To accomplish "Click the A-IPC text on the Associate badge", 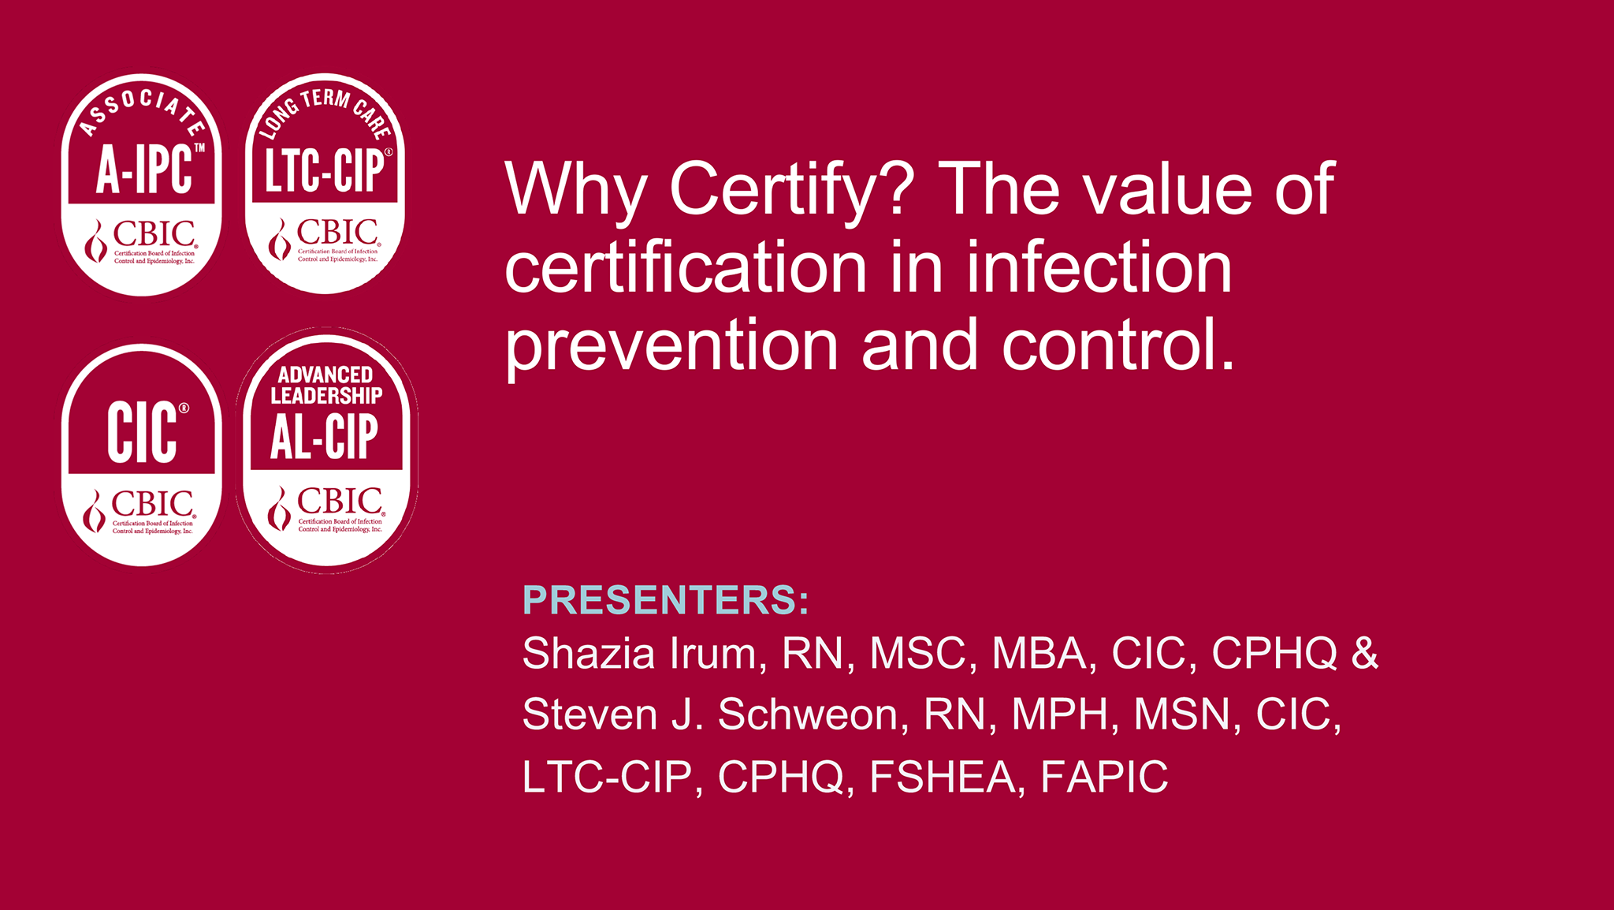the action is pyautogui.click(x=144, y=169).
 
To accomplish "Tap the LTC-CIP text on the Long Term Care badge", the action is pyautogui.click(x=324, y=170).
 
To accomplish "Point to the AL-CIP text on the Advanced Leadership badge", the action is pyautogui.click(x=325, y=437).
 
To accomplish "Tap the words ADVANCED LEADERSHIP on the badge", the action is pyautogui.click(x=326, y=385).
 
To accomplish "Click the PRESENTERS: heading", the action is pyautogui.click(x=666, y=600).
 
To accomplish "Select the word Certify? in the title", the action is pyautogui.click(x=792, y=193).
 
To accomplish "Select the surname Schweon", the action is pyautogui.click(x=808, y=714).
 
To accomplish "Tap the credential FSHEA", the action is pyautogui.click(x=943, y=778).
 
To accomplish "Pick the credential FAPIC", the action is pyautogui.click(x=1104, y=778).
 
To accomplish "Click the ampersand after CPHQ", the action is pyautogui.click(x=1365, y=654).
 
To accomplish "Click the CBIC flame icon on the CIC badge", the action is pyautogui.click(x=95, y=512).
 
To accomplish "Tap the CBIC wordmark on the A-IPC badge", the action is pyautogui.click(x=154, y=234).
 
